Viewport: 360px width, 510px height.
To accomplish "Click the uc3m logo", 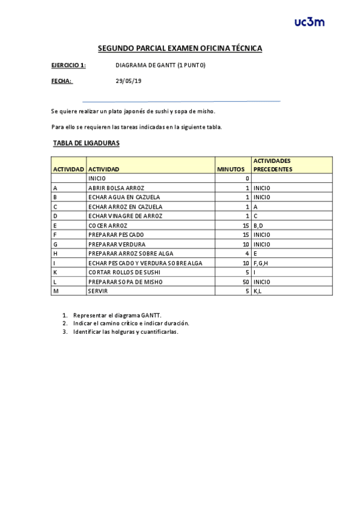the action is tap(310, 22).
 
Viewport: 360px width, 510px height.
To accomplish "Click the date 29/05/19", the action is tap(128, 81).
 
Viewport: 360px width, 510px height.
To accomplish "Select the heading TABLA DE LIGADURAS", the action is tap(86, 143).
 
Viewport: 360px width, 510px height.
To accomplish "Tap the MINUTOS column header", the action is tap(231, 169).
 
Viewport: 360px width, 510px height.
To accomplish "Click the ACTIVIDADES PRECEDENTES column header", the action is tap(272, 165).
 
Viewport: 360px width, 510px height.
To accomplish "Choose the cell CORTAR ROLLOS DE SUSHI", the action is tap(120, 272).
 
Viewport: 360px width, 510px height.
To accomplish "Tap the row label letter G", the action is tap(55, 244).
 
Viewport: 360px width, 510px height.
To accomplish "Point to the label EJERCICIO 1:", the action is tap(69, 65).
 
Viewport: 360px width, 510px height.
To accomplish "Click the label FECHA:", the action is tap(62, 81).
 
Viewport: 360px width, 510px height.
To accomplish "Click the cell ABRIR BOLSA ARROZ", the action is tap(116, 188).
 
